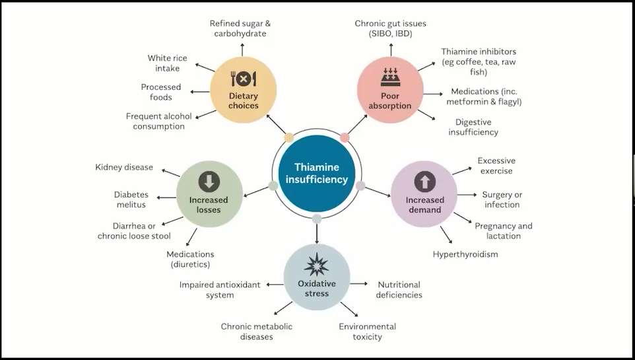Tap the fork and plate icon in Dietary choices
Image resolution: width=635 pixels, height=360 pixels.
(243, 79)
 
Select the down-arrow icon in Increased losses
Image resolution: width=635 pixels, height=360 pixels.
(209, 181)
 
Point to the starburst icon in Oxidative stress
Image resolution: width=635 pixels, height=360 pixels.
(317, 266)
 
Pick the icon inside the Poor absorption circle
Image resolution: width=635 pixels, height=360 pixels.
(390, 79)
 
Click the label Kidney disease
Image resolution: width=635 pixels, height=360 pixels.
(124, 167)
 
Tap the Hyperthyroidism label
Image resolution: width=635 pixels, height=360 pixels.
(465, 254)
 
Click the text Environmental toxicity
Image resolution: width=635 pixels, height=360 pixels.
(368, 332)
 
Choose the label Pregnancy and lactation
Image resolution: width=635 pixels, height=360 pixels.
(504, 231)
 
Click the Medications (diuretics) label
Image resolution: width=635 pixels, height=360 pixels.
(190, 259)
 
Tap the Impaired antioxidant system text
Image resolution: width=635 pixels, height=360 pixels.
(220, 290)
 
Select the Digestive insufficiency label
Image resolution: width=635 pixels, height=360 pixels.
(473, 127)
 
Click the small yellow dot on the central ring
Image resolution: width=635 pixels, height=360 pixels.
(288, 137)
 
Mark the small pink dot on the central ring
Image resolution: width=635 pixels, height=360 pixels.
(345, 137)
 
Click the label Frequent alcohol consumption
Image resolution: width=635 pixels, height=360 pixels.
(159, 121)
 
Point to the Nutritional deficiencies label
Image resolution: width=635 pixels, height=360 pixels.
(399, 290)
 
